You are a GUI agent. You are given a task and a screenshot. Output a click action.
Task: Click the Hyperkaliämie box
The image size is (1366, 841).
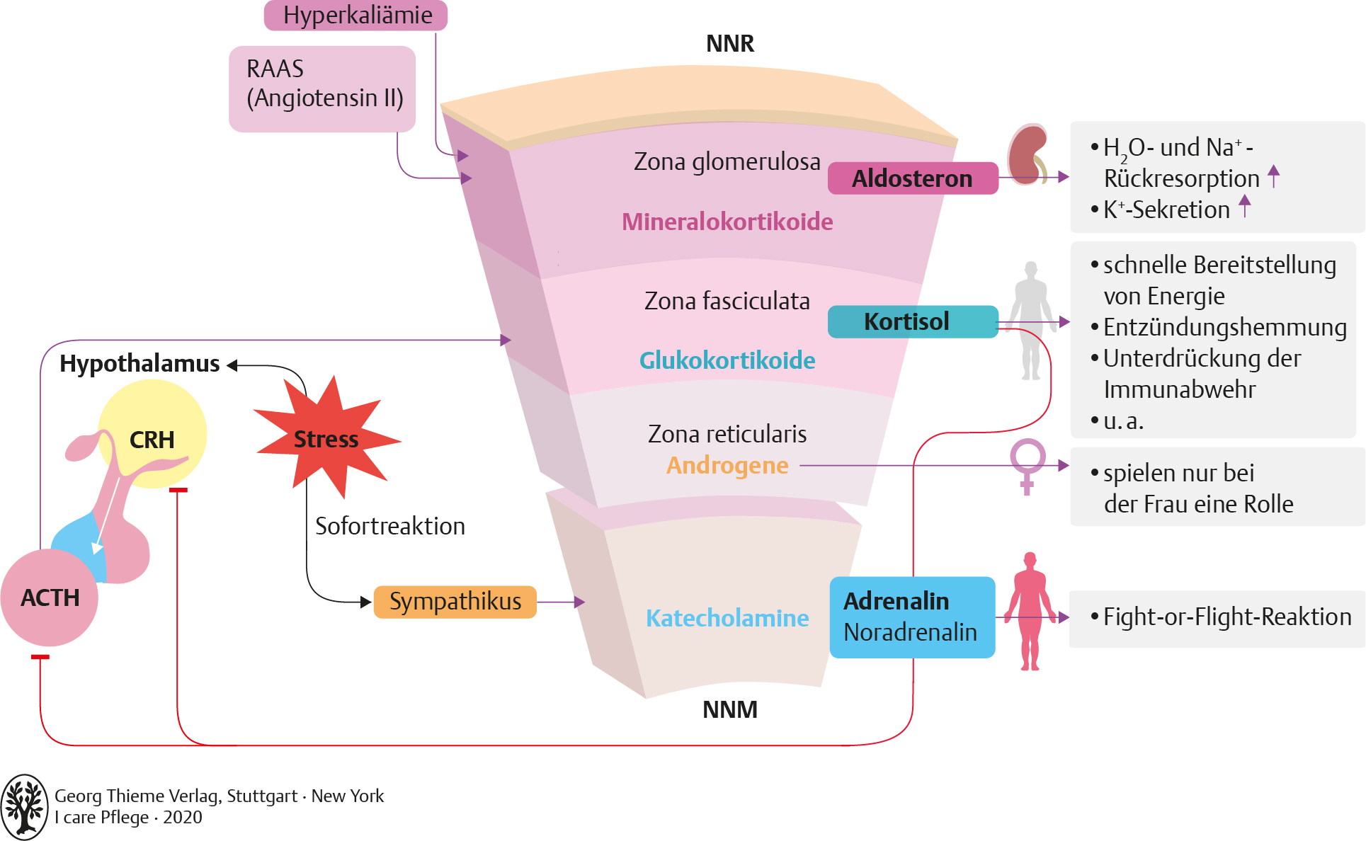click(356, 16)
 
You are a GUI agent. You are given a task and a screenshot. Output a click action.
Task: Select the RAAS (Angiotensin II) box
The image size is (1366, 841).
click(322, 88)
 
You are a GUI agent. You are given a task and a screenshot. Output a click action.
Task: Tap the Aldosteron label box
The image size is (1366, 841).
click(912, 178)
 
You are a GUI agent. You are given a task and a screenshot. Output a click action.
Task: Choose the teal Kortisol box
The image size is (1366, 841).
click(912, 321)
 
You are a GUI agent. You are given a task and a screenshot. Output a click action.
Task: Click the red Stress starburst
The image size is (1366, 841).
click(326, 440)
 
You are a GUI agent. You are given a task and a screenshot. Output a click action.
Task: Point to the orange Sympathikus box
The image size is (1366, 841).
click(455, 602)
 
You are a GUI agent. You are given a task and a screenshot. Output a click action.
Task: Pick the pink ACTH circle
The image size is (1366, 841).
click(50, 597)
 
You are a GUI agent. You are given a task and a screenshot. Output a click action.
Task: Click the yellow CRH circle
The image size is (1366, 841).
click(152, 433)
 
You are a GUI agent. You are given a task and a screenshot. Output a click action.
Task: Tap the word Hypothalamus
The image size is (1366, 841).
click(140, 364)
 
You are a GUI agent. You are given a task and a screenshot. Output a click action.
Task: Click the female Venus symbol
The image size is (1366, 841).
click(1028, 464)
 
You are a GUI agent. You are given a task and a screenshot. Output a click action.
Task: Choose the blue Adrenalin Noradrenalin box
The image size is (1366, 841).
click(911, 617)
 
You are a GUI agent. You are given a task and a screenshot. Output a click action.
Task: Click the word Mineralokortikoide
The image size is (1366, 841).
click(727, 222)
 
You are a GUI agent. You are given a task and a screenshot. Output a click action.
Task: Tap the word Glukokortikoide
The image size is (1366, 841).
click(727, 361)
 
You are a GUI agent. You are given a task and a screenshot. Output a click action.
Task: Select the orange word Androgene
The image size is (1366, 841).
click(727, 466)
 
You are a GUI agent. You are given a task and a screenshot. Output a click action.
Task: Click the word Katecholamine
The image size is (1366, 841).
click(727, 619)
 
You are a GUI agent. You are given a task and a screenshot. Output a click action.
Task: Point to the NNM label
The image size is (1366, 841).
click(729, 709)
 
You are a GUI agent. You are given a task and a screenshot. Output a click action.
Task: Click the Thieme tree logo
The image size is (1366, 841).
click(25, 807)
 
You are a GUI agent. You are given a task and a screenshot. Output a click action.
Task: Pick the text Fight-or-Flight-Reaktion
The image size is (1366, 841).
click(1226, 617)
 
